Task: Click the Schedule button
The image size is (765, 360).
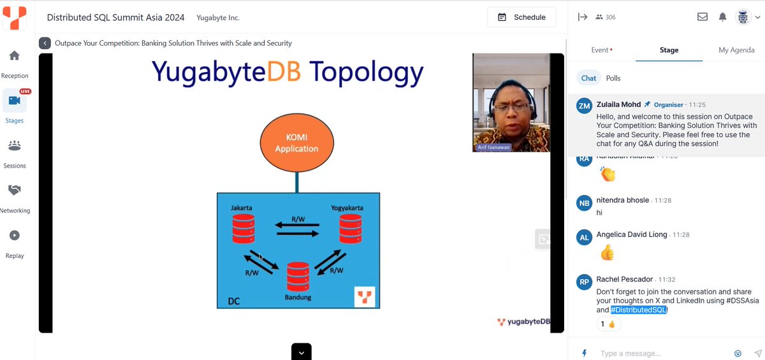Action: click(x=521, y=17)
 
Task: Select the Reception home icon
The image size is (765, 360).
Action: click(x=14, y=56)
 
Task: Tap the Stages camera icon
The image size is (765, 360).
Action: click(x=14, y=101)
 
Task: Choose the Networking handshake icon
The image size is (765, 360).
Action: click(x=14, y=191)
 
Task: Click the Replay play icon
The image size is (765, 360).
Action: click(x=14, y=236)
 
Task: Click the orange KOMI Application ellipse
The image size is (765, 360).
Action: click(x=296, y=143)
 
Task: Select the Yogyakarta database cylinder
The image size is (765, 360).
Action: click(x=350, y=227)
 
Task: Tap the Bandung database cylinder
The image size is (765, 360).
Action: click(x=298, y=277)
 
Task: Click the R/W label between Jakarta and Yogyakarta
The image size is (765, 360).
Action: click(x=298, y=219)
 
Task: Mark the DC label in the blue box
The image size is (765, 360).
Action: click(x=234, y=301)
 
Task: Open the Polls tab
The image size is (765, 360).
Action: click(x=613, y=78)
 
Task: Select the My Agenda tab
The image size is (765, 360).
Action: click(x=736, y=50)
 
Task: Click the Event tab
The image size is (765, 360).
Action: click(x=601, y=50)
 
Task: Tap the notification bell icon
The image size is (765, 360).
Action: click(x=722, y=17)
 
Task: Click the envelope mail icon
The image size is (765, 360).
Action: click(x=702, y=17)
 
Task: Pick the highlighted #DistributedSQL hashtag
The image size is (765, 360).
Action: click(x=638, y=310)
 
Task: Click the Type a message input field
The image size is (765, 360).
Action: click(x=663, y=354)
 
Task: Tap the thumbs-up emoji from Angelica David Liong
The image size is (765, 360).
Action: click(x=607, y=254)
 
